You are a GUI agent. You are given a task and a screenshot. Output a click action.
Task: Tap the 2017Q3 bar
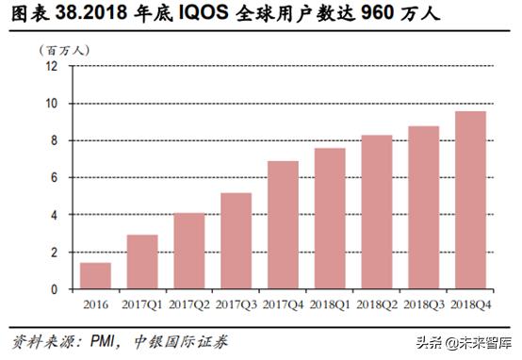236,241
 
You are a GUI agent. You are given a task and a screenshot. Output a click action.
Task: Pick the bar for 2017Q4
283,225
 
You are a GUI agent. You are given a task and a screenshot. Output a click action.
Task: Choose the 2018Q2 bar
376,212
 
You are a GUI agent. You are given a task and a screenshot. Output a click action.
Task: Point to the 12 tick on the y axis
52,67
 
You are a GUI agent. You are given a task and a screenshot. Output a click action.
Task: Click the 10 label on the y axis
52,104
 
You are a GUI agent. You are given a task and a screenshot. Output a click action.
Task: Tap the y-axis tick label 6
55,178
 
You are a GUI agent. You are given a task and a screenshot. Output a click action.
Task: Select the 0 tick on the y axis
55,289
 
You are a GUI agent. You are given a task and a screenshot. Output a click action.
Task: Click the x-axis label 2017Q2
188,305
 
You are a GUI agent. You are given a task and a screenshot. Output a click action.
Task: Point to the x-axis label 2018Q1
330,305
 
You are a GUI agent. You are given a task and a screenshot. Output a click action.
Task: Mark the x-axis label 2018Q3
423,305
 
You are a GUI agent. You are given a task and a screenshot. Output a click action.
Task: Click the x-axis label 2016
94,305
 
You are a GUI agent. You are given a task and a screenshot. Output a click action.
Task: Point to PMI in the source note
103,340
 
